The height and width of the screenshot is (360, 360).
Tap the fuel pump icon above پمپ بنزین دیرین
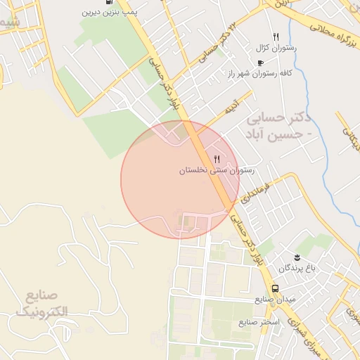coord(108,2)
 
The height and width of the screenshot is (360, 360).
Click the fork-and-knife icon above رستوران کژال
coord(276,37)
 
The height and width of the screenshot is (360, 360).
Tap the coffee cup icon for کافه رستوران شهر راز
coord(261,63)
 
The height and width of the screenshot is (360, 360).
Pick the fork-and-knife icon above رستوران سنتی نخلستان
coord(217,159)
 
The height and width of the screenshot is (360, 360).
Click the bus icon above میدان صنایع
coord(275,288)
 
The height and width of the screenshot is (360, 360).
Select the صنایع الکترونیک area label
coord(41,302)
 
